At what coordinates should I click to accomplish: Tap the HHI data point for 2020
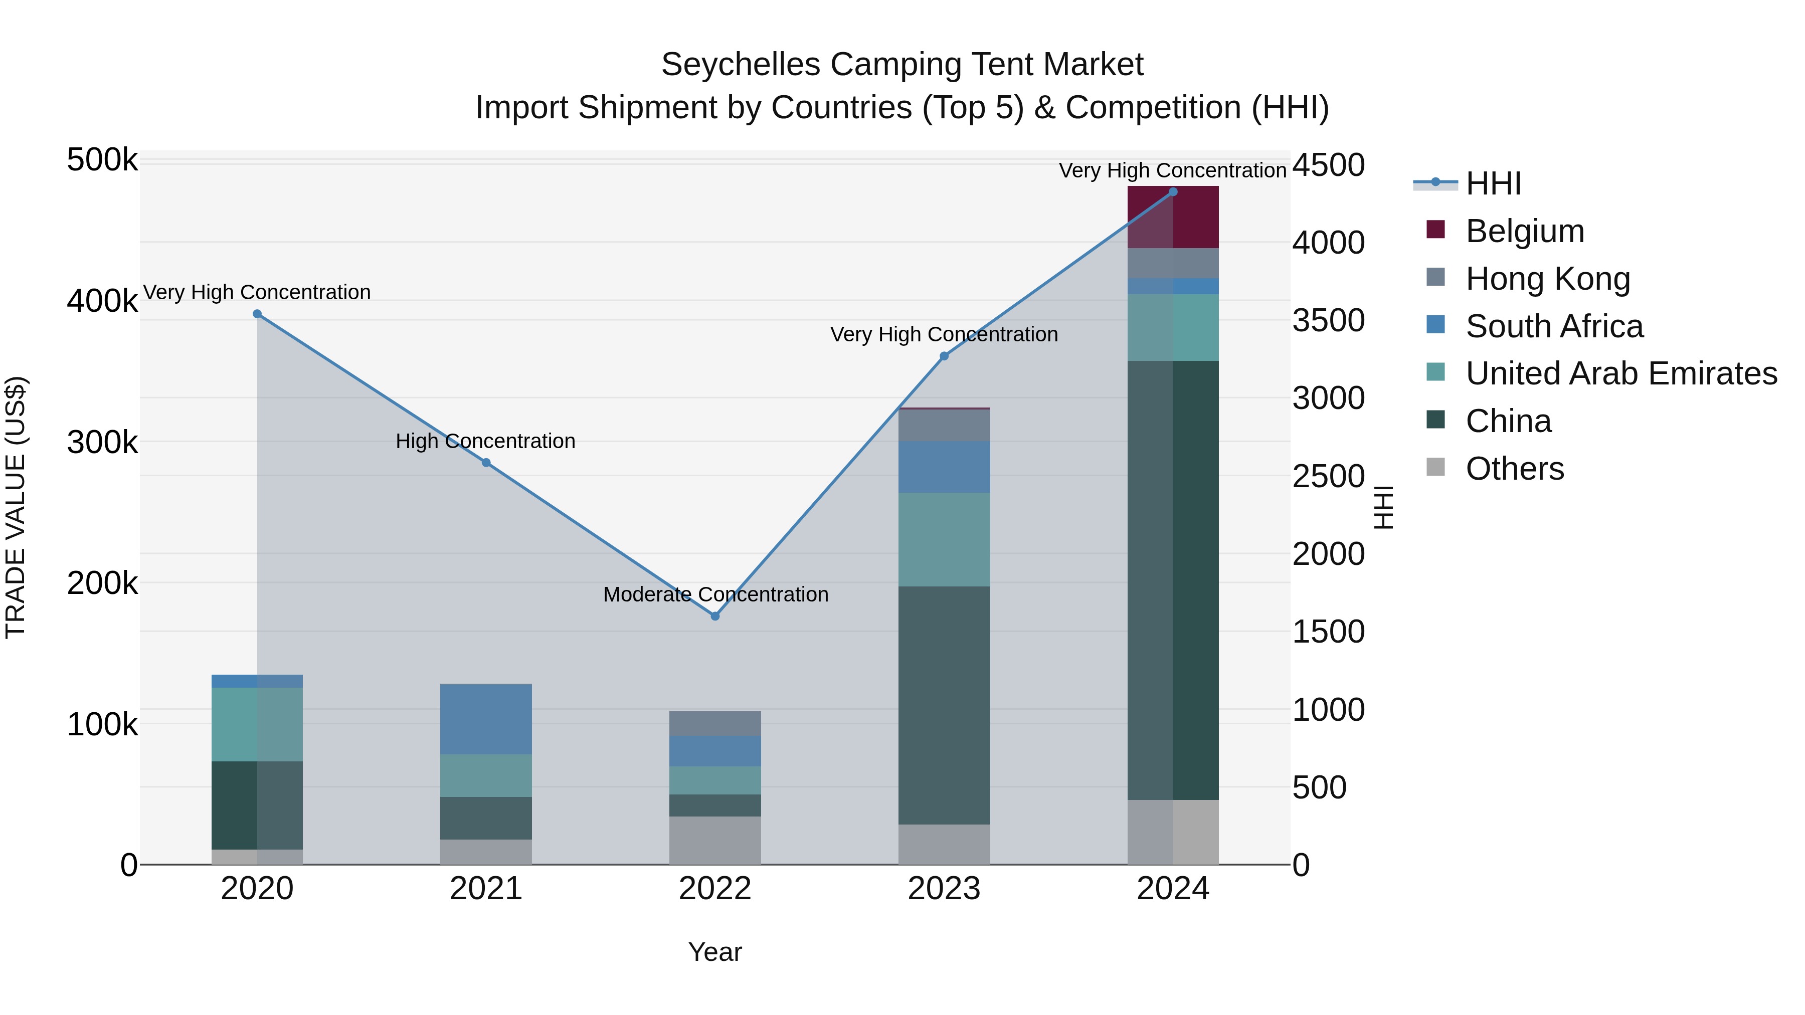[257, 314]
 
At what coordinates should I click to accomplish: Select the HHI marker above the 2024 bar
[1173, 192]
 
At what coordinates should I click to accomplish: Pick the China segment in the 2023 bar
[944, 705]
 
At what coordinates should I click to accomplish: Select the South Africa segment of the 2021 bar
[485, 719]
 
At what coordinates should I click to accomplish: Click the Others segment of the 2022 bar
[714, 840]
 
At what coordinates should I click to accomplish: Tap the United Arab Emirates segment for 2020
[257, 724]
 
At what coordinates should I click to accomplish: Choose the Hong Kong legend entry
[1548, 279]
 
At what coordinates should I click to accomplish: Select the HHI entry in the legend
[1493, 183]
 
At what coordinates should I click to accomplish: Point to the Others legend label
[1515, 469]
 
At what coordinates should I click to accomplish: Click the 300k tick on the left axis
[102, 442]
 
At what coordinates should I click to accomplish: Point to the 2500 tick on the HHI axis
[1328, 476]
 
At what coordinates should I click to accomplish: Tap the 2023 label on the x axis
[944, 889]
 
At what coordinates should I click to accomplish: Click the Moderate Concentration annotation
[715, 594]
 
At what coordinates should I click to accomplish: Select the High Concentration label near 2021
[485, 441]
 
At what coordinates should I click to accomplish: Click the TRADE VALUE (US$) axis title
[16, 507]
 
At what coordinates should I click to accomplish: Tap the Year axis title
[714, 952]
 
